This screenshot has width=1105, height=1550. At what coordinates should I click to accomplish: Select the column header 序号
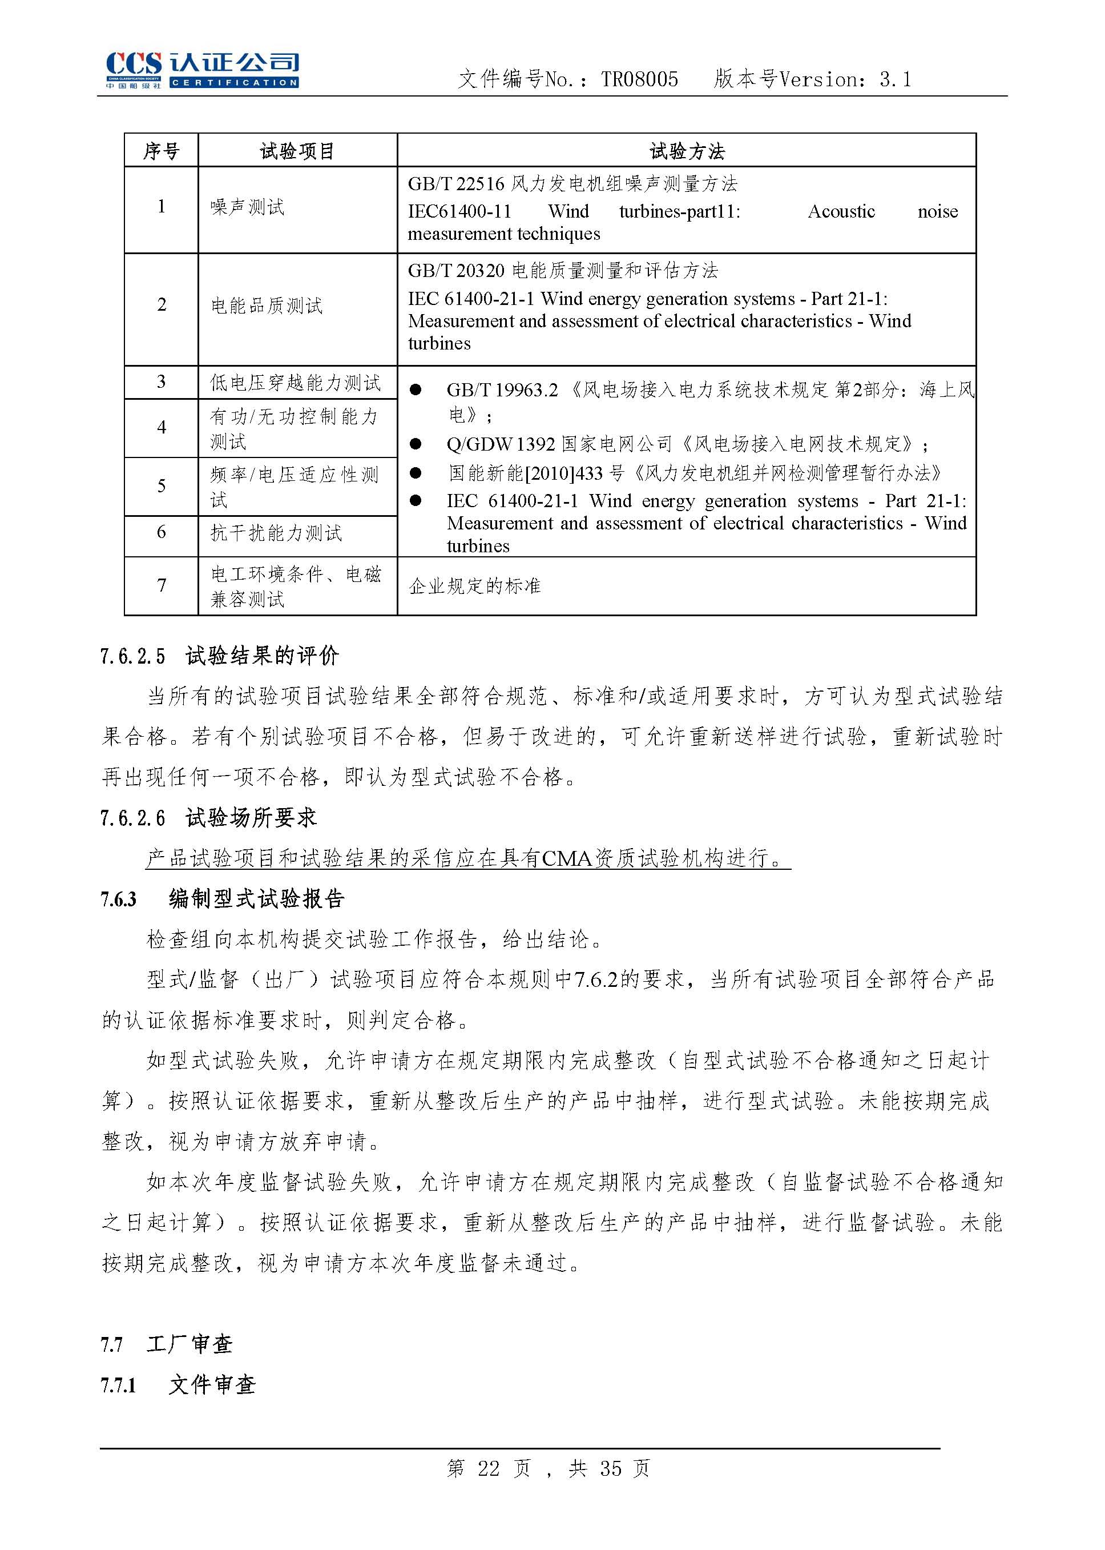point(162,150)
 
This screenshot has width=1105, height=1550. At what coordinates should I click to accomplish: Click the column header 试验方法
point(687,150)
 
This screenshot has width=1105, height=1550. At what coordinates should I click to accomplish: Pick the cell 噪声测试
point(247,207)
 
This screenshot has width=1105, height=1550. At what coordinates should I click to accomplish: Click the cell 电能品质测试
point(266,306)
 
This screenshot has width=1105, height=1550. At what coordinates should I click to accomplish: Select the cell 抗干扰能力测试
point(276,532)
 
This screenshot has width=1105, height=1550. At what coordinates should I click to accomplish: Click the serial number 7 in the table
point(162,585)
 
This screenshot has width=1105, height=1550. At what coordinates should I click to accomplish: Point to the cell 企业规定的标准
point(474,585)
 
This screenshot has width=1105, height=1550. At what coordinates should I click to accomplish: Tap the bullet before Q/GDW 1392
point(416,444)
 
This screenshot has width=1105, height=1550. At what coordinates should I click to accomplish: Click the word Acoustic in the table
point(841,212)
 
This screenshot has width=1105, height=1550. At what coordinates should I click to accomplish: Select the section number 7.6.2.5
point(132,656)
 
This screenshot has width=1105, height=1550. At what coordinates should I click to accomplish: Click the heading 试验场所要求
point(252,817)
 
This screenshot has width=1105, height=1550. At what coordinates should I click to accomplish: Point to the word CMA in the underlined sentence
point(567,858)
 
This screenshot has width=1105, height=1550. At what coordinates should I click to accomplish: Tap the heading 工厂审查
point(189,1344)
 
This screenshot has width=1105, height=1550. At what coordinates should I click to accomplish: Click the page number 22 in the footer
point(489,1468)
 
